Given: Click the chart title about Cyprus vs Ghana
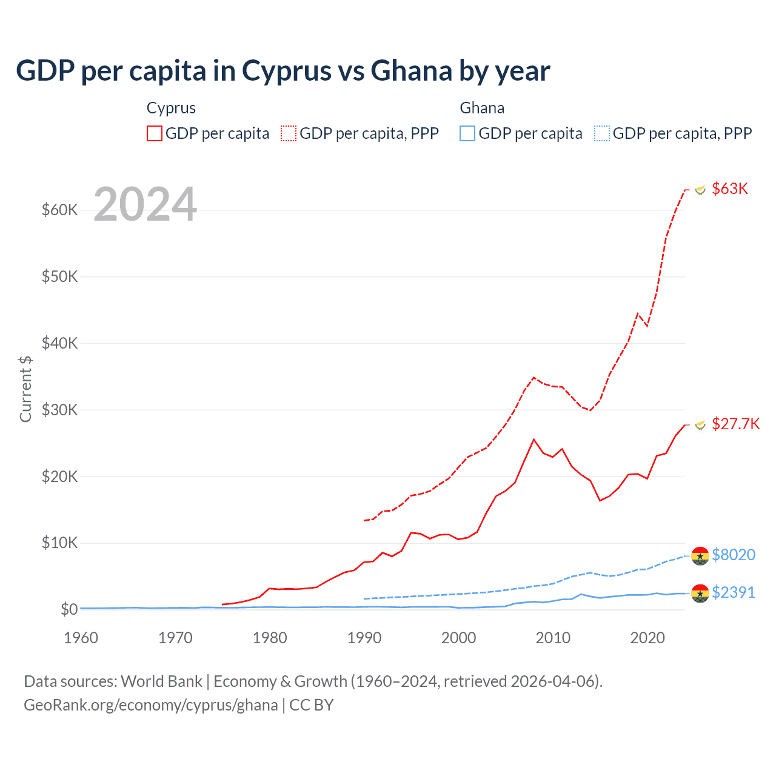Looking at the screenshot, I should [x=283, y=71].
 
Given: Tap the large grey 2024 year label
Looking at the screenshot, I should [x=145, y=204].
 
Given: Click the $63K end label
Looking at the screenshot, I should [x=730, y=189].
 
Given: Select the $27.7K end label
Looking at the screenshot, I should [x=735, y=424].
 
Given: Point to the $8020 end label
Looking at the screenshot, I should [x=734, y=555].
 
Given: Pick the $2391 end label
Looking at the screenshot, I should [x=734, y=592].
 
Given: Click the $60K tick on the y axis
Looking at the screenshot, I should [x=60, y=210].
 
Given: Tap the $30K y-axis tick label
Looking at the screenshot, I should [x=60, y=410].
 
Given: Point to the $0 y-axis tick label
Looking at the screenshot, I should [x=69, y=609].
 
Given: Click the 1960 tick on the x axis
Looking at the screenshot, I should [x=81, y=638].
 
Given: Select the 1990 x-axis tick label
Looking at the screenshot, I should [x=364, y=638].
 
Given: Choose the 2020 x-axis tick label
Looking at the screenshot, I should [x=647, y=638].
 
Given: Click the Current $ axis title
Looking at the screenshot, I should [x=25, y=389].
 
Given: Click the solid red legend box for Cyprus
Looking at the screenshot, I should [x=155, y=133].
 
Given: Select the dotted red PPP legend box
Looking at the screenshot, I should [x=289, y=133].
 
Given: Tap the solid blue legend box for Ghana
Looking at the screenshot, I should [x=467, y=133].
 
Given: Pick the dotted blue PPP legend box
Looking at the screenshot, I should [x=602, y=133].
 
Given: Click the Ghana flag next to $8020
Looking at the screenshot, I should [x=700, y=555].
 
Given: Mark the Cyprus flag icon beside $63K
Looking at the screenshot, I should [x=700, y=190].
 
